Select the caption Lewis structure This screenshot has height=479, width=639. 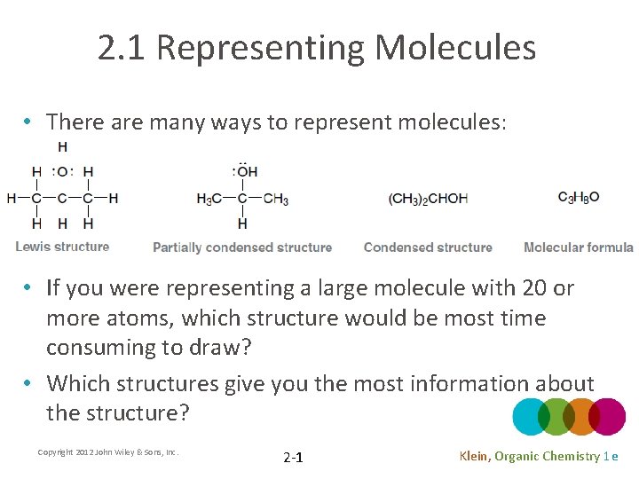[62, 247]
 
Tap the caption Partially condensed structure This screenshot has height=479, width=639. [242, 247]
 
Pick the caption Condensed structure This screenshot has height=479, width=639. [428, 247]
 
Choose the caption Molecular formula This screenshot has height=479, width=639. [579, 247]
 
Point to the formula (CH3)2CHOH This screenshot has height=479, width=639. [428, 198]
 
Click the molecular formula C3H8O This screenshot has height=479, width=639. [579, 197]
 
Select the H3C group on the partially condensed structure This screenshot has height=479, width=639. [209, 199]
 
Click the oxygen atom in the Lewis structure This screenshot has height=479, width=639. [62, 172]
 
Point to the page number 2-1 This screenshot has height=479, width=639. [293, 458]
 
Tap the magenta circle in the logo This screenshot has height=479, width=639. [607, 417]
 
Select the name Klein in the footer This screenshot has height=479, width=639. [474, 456]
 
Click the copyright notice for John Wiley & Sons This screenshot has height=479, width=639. [108, 452]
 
